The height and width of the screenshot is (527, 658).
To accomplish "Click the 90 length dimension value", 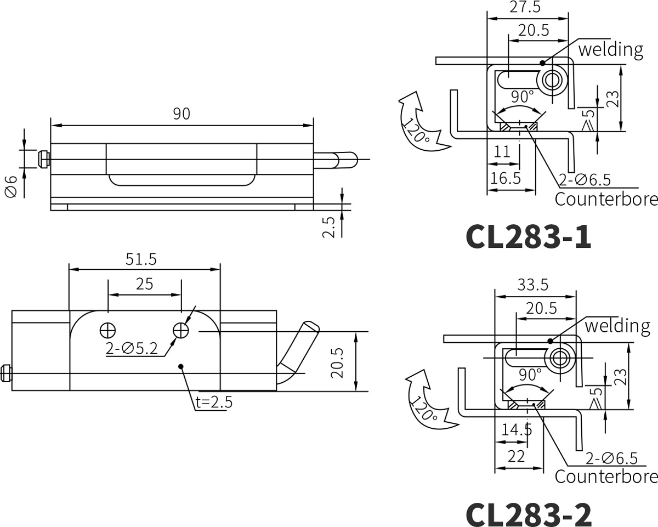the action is pos(181,114).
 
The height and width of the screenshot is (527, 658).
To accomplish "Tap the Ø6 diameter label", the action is pos(12,186).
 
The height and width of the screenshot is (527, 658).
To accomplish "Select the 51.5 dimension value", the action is pos(141,259).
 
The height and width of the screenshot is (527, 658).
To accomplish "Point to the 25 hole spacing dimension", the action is pos(144,284).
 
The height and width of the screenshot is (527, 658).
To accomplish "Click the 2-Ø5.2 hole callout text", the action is pos(132,348).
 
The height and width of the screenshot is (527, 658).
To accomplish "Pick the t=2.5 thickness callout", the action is pos(214,402).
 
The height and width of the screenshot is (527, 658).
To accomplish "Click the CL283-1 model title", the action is pos(529,237).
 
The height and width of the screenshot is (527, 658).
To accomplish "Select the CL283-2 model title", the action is pos(529,515).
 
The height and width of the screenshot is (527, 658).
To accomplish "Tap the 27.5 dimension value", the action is pos(525,7).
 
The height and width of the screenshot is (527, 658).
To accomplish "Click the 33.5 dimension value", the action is pos(533,285).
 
